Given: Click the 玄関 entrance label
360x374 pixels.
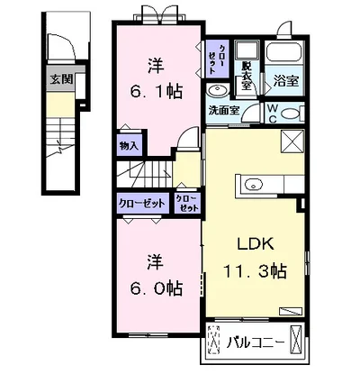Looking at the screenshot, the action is click(x=61, y=79).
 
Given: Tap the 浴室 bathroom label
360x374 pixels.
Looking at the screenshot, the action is click(x=286, y=81).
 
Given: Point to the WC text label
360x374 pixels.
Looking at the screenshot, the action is click(x=272, y=113).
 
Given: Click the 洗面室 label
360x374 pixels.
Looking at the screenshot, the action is click(x=224, y=111).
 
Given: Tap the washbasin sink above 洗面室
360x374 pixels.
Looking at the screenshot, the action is click(x=218, y=90).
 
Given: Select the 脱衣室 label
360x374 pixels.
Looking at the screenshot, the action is click(x=247, y=77).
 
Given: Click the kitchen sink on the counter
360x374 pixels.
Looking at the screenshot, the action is click(x=253, y=184).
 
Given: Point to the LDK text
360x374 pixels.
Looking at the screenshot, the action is click(x=256, y=244).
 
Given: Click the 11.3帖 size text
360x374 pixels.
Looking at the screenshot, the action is click(x=254, y=271).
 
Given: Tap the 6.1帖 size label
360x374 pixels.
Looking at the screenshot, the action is click(x=156, y=91).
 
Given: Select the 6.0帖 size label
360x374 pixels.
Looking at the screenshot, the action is click(x=156, y=288).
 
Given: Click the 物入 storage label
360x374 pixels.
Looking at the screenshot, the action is click(x=129, y=146).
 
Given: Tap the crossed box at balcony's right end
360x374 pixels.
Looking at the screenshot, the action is click(x=296, y=338).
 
